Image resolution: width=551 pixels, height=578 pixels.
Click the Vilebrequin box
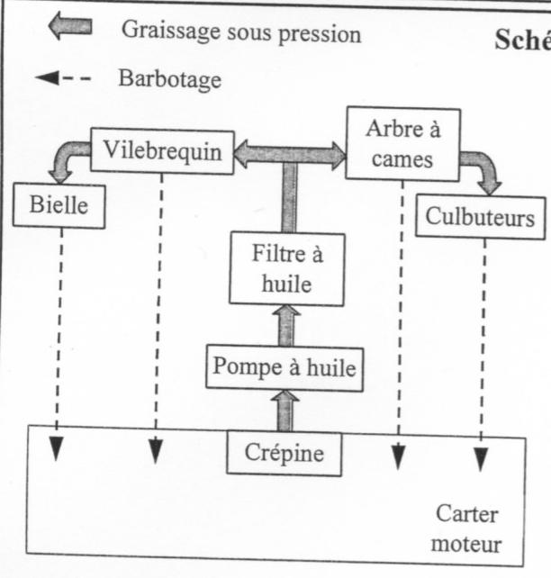162,150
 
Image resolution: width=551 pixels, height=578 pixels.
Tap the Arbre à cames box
402,143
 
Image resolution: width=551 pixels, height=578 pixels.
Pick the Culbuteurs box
480,217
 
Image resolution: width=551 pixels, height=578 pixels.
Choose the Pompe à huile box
285,366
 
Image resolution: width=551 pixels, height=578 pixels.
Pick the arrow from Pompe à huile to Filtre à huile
286,325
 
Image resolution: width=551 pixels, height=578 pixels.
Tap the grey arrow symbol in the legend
69,27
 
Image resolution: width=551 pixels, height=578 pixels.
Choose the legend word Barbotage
169,78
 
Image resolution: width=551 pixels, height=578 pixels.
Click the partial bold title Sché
522,41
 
